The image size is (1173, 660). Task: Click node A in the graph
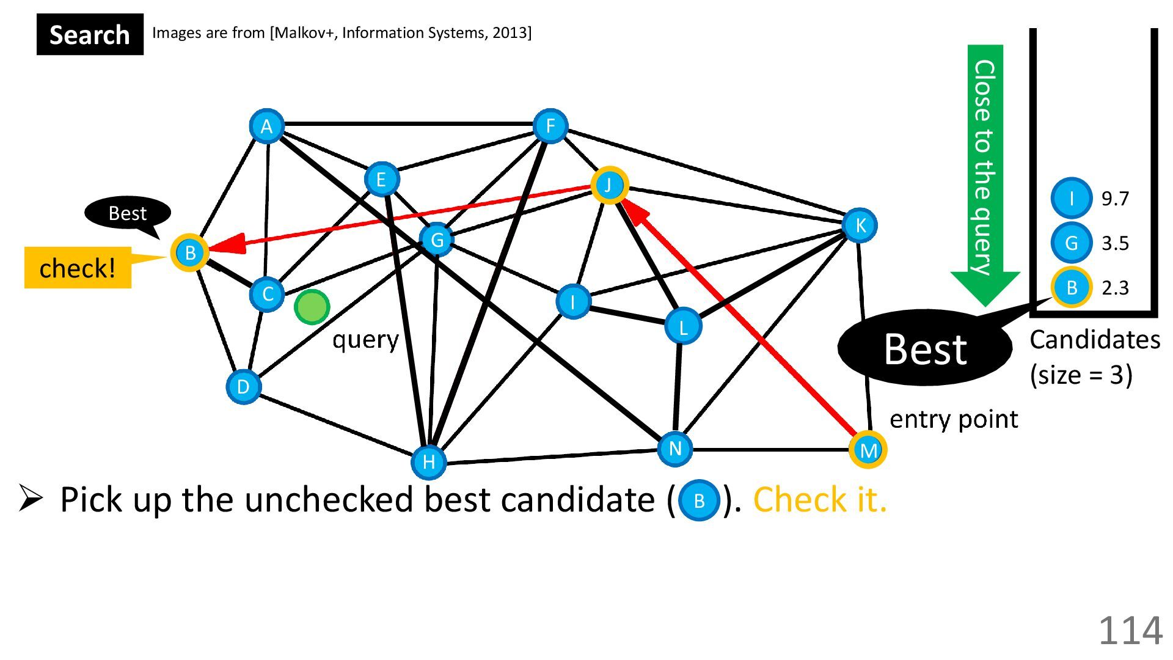pos(266,127)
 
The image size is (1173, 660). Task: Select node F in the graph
pos(550,127)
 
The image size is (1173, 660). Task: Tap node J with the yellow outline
pos(609,185)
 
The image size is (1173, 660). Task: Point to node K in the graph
pos(860,226)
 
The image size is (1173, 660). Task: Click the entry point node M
pos(868,450)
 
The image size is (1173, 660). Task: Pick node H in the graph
pos(429,461)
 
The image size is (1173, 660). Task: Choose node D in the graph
pos(243,386)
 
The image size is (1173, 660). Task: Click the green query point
pos(312,307)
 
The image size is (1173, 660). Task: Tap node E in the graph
pos(381,179)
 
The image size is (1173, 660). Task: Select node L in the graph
pos(682,326)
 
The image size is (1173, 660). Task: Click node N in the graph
pos(674,449)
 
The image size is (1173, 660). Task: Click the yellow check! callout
pos(78,268)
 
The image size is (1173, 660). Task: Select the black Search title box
pos(90,35)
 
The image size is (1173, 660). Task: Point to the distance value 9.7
pos(1115,199)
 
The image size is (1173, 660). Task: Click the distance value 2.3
pos(1115,288)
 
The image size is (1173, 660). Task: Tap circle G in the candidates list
pos(1071,243)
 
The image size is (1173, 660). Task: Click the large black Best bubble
pos(924,348)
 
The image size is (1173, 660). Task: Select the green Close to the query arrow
pos(984,171)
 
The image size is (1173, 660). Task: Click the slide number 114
pos(1130,630)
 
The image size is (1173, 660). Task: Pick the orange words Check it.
pos(819,500)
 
